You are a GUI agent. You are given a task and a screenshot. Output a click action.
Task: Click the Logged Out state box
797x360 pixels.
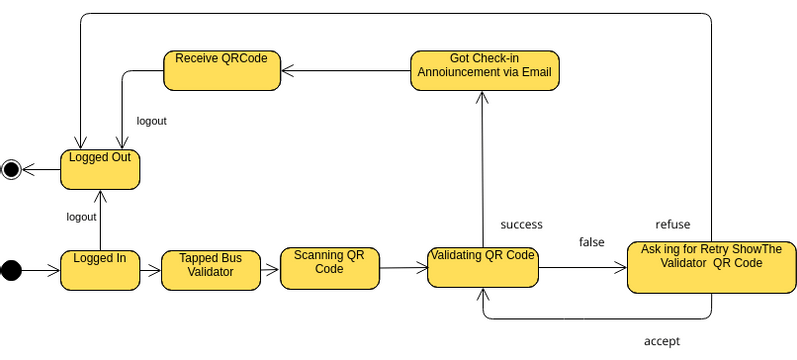click(100, 168)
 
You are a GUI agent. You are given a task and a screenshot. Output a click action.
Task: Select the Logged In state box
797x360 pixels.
click(100, 269)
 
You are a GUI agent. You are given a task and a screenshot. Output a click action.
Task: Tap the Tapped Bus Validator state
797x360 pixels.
click(210, 270)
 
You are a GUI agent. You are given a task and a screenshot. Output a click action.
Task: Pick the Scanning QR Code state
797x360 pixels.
click(329, 267)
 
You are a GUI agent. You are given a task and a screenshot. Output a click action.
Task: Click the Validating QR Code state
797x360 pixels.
click(482, 267)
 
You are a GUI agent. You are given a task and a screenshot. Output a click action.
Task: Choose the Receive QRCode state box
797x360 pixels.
click(221, 70)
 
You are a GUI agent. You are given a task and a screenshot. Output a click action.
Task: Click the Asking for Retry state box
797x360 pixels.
click(710, 266)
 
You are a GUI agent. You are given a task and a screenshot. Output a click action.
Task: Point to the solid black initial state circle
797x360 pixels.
click(11, 269)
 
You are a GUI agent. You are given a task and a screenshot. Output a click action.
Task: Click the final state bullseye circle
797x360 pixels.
click(11, 169)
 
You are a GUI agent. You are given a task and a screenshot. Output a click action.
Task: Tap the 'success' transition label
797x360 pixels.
click(521, 224)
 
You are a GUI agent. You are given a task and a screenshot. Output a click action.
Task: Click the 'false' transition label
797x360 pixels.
click(591, 242)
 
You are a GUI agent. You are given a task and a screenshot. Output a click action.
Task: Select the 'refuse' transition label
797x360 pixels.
click(672, 224)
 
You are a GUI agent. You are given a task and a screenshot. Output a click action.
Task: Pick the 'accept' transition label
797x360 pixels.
click(662, 341)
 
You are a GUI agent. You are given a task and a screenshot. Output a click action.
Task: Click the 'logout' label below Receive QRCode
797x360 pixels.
click(151, 121)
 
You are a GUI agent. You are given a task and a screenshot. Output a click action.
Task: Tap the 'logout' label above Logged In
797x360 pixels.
click(81, 217)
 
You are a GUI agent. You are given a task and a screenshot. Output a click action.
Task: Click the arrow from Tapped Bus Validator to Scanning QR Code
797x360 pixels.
click(269, 269)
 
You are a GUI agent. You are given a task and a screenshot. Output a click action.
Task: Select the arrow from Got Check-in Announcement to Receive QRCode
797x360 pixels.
click(345, 70)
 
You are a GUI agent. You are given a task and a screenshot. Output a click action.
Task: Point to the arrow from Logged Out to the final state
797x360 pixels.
click(41, 169)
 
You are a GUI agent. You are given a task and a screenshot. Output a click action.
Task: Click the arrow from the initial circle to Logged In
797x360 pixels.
click(41, 269)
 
